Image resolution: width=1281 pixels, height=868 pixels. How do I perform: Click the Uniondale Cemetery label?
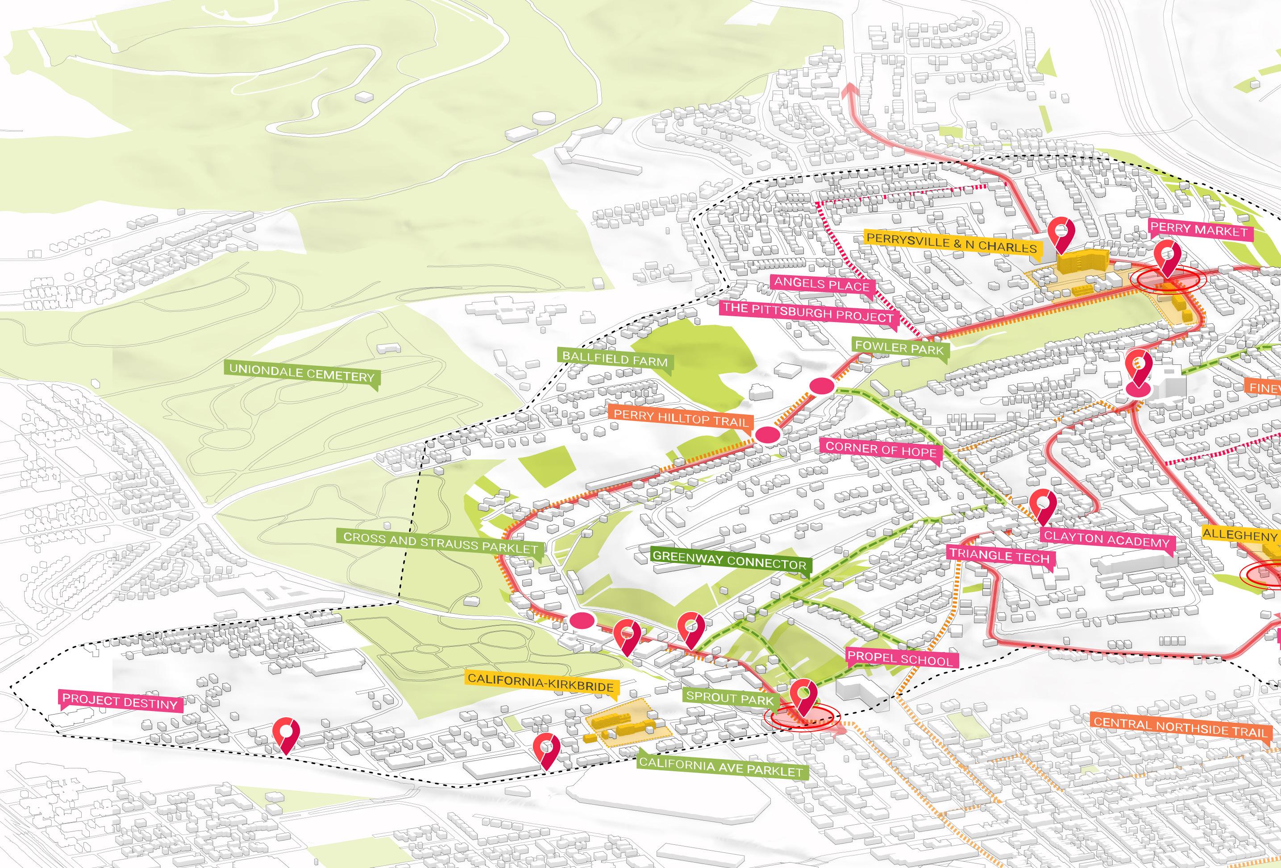pyautogui.click(x=302, y=373)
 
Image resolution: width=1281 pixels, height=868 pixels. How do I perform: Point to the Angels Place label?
pyautogui.click(x=821, y=284)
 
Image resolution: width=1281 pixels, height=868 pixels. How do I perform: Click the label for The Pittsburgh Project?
pyautogui.click(x=807, y=312)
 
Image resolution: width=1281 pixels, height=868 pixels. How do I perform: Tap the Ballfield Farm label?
pyautogui.click(x=615, y=359)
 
